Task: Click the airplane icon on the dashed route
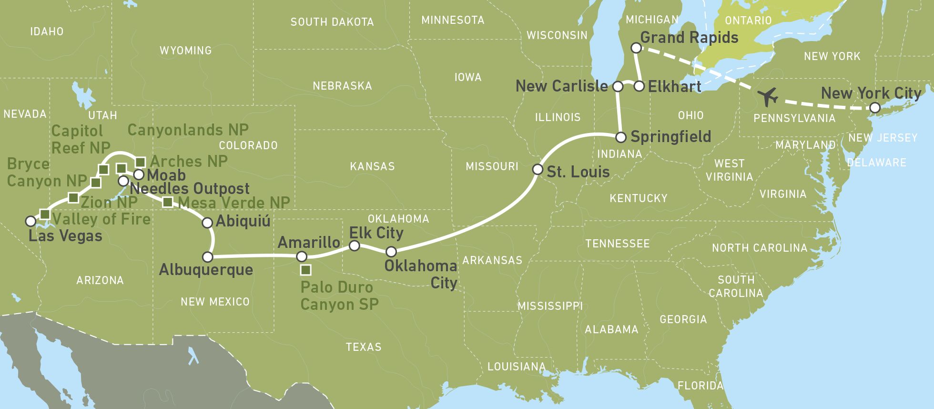[768, 97]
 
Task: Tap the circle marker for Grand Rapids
[636, 48]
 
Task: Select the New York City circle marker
[875, 108]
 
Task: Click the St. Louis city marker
[538, 169]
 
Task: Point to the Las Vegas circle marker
[30, 221]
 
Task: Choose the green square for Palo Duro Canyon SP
[306, 270]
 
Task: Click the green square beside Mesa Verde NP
[167, 202]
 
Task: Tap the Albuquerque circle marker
[207, 257]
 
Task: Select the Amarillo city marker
[301, 256]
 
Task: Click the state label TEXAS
[364, 347]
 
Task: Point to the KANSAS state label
[372, 166]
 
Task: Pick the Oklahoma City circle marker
[391, 251]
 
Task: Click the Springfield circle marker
[620, 137]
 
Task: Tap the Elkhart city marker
[640, 86]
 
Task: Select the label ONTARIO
[748, 20]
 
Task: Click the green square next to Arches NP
[141, 162]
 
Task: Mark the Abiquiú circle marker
[207, 222]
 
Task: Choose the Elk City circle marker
[354, 245]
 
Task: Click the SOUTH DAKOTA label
[332, 22]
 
